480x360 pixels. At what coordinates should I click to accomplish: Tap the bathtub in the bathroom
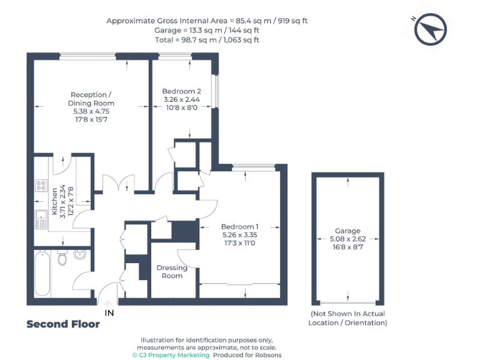42,274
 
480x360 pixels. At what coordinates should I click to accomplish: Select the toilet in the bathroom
62,257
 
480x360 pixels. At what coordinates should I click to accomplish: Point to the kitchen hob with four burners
41,185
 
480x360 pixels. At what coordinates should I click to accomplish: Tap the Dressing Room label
172,272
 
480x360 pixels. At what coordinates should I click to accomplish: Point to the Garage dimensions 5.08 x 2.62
347,239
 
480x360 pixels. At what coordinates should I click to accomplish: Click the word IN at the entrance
109,312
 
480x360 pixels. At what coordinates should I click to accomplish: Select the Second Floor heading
63,324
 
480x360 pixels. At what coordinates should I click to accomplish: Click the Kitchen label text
54,202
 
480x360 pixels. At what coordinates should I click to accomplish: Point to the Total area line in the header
207,40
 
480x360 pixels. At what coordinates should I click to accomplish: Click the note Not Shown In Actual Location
347,318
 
